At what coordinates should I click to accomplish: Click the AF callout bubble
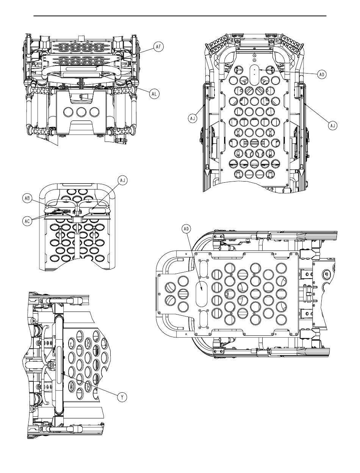pyautogui.click(x=158, y=47)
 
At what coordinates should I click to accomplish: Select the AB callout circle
pyautogui.click(x=27, y=198)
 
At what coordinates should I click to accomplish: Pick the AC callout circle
pyautogui.click(x=27, y=221)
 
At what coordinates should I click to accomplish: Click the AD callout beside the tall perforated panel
pyautogui.click(x=322, y=75)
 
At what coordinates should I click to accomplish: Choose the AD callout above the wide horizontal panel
pyautogui.click(x=186, y=229)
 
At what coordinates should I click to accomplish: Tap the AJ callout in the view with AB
pyautogui.click(x=122, y=180)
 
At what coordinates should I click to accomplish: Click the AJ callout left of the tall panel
pyautogui.click(x=193, y=119)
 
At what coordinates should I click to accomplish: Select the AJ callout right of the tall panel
pyautogui.click(x=333, y=125)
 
